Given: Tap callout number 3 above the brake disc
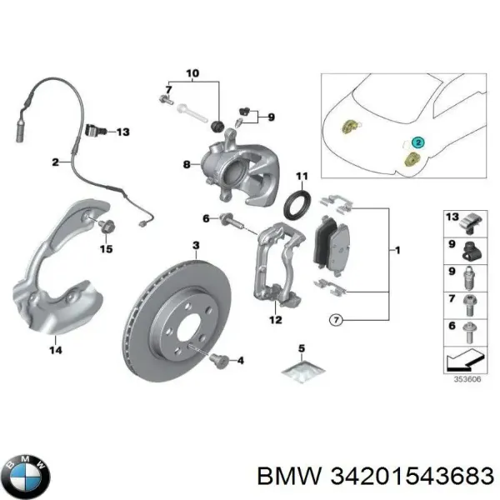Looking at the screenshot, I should (196, 245).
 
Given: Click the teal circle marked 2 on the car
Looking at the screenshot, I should (417, 143).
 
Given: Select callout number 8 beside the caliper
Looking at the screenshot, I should (187, 165).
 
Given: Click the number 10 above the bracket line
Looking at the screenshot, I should (192, 74).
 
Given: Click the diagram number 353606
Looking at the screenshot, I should (465, 377).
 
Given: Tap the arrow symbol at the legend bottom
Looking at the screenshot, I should (463, 359).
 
